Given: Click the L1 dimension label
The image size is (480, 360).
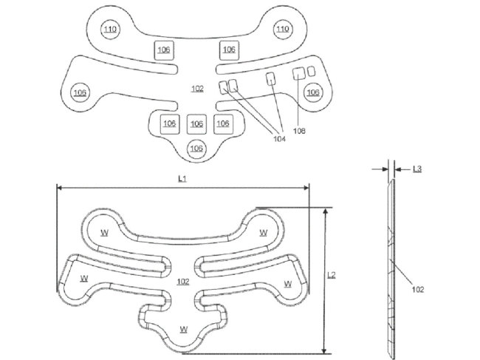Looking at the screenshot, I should click(182, 179).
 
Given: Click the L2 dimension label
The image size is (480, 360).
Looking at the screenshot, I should click(332, 274).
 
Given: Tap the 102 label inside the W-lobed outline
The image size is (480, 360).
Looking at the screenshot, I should click(183, 282).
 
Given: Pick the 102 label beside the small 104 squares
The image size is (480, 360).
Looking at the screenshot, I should click(197, 89).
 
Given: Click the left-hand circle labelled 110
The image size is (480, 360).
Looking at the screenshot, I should click(110, 30).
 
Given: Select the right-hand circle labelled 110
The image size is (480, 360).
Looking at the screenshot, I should click(281, 30).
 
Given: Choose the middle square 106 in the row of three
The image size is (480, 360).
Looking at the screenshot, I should click(196, 123).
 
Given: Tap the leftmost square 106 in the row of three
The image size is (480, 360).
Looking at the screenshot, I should click(169, 123).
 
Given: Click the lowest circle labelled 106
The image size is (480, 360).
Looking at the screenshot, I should click(196, 149).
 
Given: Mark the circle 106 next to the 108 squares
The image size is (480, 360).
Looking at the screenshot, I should click(313, 92).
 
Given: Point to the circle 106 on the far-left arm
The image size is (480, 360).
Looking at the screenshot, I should click(79, 92).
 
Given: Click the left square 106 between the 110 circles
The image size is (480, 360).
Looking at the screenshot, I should click(164, 50).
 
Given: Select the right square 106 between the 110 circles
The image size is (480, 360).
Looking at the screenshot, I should click(229, 50).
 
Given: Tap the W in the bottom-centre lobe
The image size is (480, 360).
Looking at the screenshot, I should click(182, 328).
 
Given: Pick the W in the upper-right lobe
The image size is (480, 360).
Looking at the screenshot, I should click(264, 232).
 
